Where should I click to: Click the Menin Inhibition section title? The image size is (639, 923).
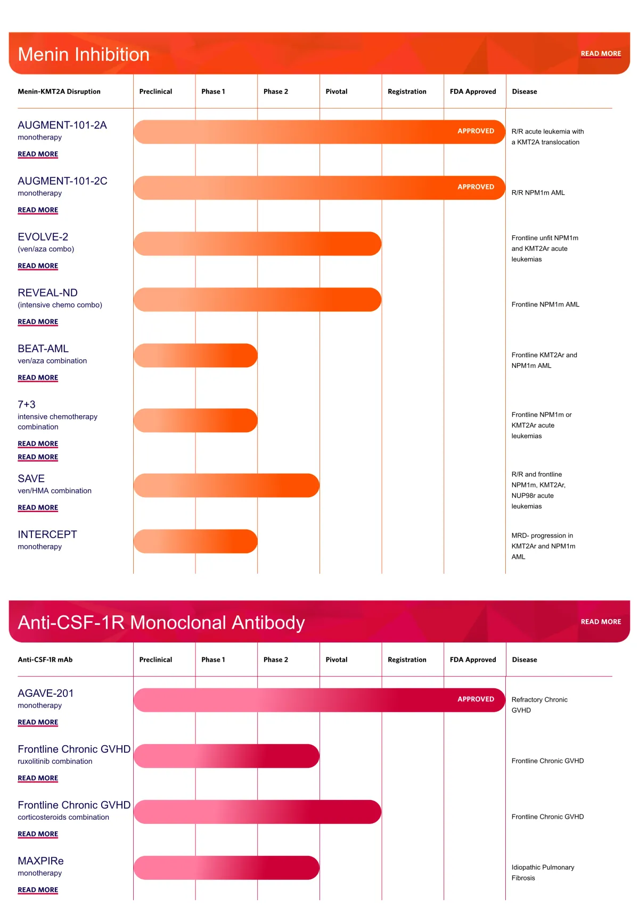[84, 54]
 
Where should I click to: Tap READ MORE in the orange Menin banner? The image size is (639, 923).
[601, 54]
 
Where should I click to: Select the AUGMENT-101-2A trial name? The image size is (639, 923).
[62, 125]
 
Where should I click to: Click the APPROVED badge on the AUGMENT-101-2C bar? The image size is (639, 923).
[476, 187]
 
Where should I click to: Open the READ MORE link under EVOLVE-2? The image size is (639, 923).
[38, 266]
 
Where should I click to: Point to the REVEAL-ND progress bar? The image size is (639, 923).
[257, 300]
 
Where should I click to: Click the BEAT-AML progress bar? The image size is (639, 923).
[195, 356]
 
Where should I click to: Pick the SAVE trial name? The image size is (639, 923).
[31, 479]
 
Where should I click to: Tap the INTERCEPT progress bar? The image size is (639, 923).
[195, 541]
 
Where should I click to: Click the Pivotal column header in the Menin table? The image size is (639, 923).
[337, 92]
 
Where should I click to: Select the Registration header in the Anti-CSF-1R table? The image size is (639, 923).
[407, 660]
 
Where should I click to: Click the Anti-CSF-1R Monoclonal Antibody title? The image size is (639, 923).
[161, 622]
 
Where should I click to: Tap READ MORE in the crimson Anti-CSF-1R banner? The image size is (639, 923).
[601, 622]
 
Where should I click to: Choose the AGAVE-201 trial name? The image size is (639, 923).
[46, 693]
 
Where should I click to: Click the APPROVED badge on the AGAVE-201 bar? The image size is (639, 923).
[476, 699]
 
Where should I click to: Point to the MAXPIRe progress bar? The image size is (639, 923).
[226, 868]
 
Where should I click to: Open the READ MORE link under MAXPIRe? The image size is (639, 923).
[38, 889]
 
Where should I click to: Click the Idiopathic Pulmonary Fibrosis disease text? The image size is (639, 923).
[543, 872]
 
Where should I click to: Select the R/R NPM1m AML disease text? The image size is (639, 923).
[538, 193]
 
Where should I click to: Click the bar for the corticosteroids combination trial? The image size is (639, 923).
[257, 812]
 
